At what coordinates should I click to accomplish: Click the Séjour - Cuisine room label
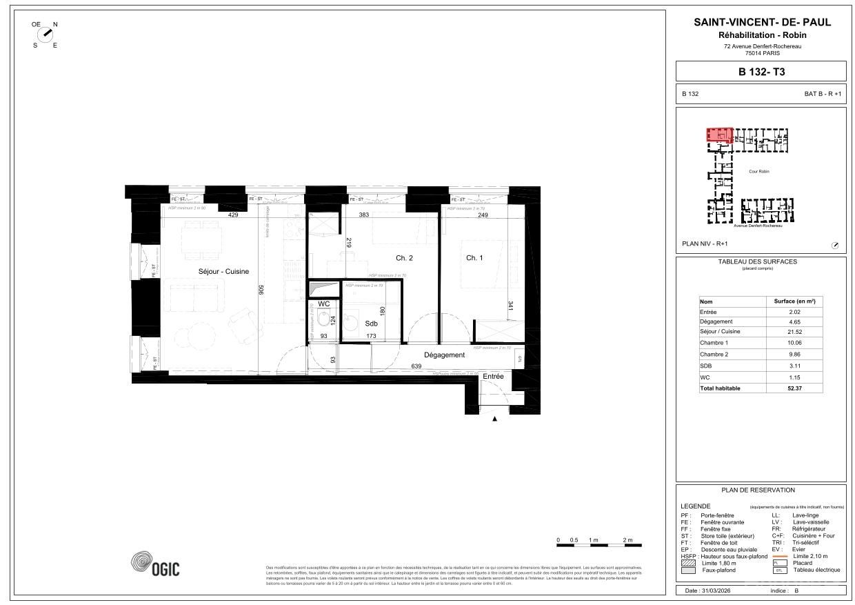pyautogui.click(x=223, y=271)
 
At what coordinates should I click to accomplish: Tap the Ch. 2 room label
pyautogui.click(x=404, y=258)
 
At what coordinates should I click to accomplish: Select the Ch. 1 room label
pyautogui.click(x=474, y=258)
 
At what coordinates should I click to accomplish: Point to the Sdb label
pyautogui.click(x=371, y=323)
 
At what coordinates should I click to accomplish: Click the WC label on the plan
pyautogui.click(x=324, y=304)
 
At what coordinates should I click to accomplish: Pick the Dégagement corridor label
pyautogui.click(x=444, y=355)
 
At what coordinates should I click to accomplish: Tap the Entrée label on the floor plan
pyautogui.click(x=493, y=377)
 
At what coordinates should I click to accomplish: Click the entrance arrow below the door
pyautogui.click(x=494, y=418)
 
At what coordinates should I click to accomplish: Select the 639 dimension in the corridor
pyautogui.click(x=416, y=366)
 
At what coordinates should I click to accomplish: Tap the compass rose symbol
pyautogui.click(x=46, y=34)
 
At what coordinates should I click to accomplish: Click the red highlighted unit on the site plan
pyautogui.click(x=718, y=134)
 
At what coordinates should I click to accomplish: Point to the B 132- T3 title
pyautogui.click(x=761, y=71)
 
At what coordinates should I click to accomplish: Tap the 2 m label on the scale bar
pyautogui.click(x=627, y=539)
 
